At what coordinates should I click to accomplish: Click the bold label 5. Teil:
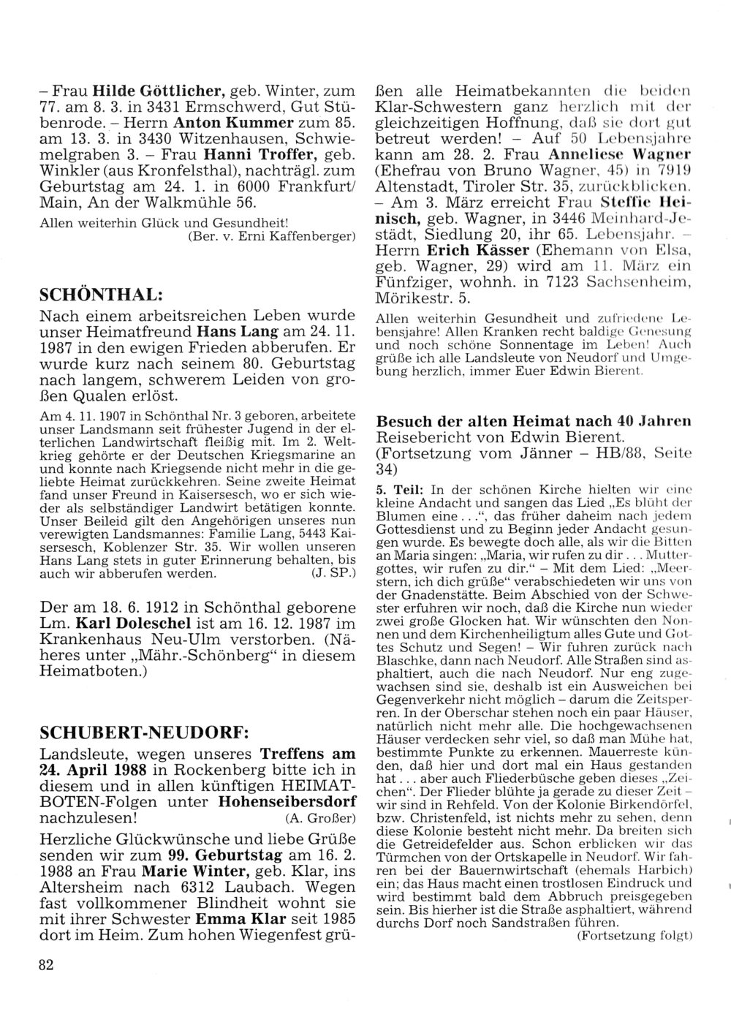(401, 488)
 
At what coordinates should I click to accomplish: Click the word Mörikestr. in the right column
(408, 299)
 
